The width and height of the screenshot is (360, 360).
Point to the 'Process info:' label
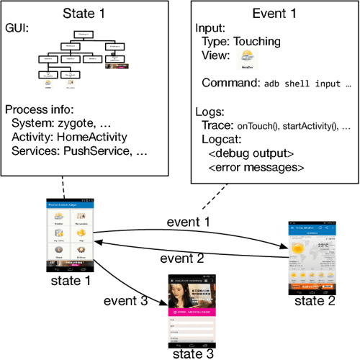39,109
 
